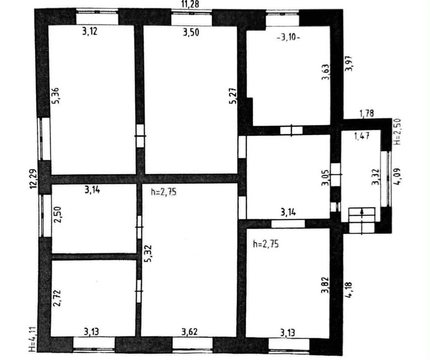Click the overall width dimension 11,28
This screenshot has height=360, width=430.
(190, 5)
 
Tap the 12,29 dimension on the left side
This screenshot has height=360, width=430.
(34, 179)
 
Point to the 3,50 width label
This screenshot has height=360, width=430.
(191, 32)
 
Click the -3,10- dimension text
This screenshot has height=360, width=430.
(289, 37)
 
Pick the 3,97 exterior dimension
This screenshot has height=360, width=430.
(349, 63)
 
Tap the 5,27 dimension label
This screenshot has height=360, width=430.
(233, 96)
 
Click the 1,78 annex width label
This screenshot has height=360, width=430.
(367, 113)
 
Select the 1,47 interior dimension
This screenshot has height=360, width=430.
(362, 135)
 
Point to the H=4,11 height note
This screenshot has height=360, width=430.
(32, 339)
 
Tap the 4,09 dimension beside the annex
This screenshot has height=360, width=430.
(398, 176)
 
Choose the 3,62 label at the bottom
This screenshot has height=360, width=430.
(190, 332)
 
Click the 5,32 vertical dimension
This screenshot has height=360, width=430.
(148, 253)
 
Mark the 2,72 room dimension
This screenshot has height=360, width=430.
(57, 298)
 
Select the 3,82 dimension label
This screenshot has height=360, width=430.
(325, 285)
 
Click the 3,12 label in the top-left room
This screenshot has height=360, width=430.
(90, 31)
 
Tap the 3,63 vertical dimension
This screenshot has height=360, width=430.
(325, 72)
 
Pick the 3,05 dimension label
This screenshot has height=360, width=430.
(325, 178)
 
